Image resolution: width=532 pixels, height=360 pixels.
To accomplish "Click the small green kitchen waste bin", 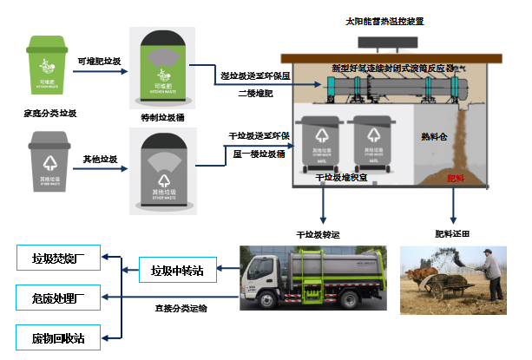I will tap(52, 62).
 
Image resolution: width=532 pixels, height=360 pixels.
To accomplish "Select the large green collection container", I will tap(162, 68).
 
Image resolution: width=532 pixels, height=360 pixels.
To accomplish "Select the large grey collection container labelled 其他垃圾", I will tap(162, 170).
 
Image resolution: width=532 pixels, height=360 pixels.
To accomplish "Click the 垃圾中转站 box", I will tap(176, 271).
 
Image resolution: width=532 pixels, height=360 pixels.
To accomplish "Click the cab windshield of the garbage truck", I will tap(260, 266).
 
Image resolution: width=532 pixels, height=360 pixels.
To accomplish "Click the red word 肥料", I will tap(456, 178).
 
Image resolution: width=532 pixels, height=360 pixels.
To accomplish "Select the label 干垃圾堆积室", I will tap(342, 177).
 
